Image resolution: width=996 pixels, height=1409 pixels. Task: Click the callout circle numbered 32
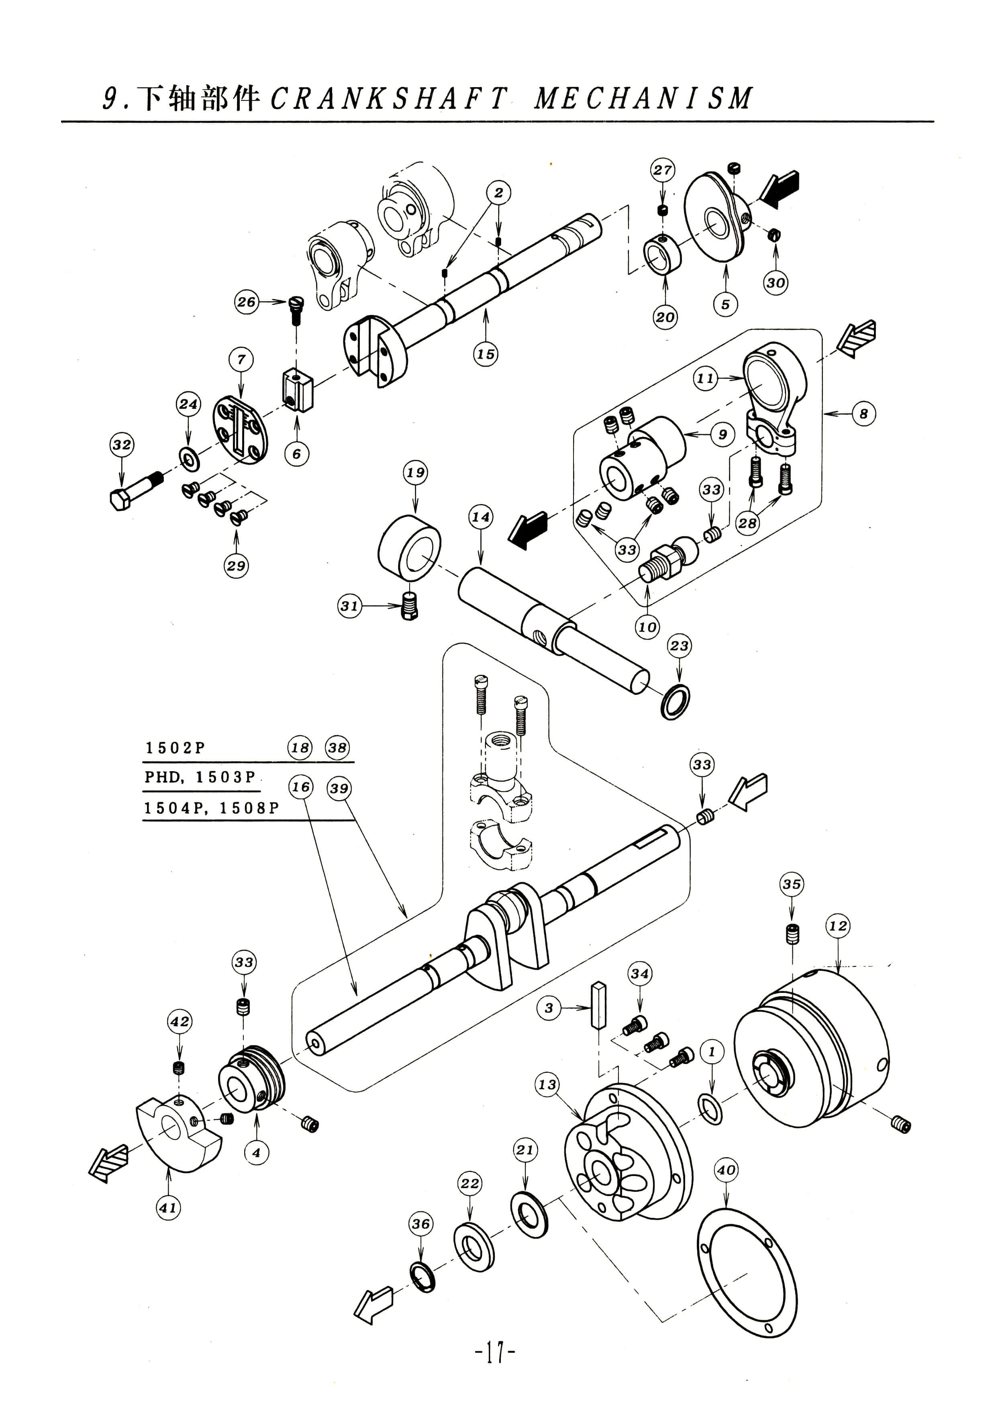(x=122, y=444)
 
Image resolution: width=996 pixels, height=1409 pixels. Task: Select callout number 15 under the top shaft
(x=486, y=354)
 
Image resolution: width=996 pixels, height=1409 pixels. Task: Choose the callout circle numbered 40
(x=726, y=1170)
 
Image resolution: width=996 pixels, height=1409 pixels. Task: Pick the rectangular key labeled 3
(x=599, y=1004)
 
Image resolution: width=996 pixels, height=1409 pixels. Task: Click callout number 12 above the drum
(x=838, y=926)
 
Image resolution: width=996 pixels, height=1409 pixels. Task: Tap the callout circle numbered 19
(x=415, y=472)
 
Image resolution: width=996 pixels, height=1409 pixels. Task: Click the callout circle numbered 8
(x=863, y=414)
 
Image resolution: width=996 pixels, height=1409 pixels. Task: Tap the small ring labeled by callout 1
(x=710, y=1109)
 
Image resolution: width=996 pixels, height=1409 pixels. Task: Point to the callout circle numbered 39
(x=339, y=788)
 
